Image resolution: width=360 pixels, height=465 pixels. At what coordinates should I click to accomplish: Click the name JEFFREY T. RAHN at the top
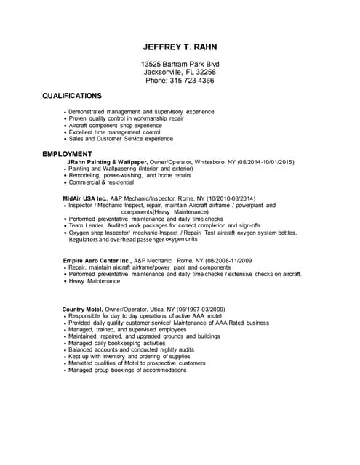point(180,47)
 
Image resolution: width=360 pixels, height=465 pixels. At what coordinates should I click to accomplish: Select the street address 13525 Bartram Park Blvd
point(180,64)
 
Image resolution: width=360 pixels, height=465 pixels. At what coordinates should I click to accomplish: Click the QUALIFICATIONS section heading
point(72,96)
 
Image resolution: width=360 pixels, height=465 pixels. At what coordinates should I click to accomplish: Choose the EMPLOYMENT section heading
point(67,154)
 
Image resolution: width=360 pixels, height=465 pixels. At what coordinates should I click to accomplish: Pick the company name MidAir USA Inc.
point(86,198)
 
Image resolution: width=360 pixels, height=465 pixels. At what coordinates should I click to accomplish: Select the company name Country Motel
point(84,310)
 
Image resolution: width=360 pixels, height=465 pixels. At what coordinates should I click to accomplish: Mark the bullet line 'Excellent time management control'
point(114,132)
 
